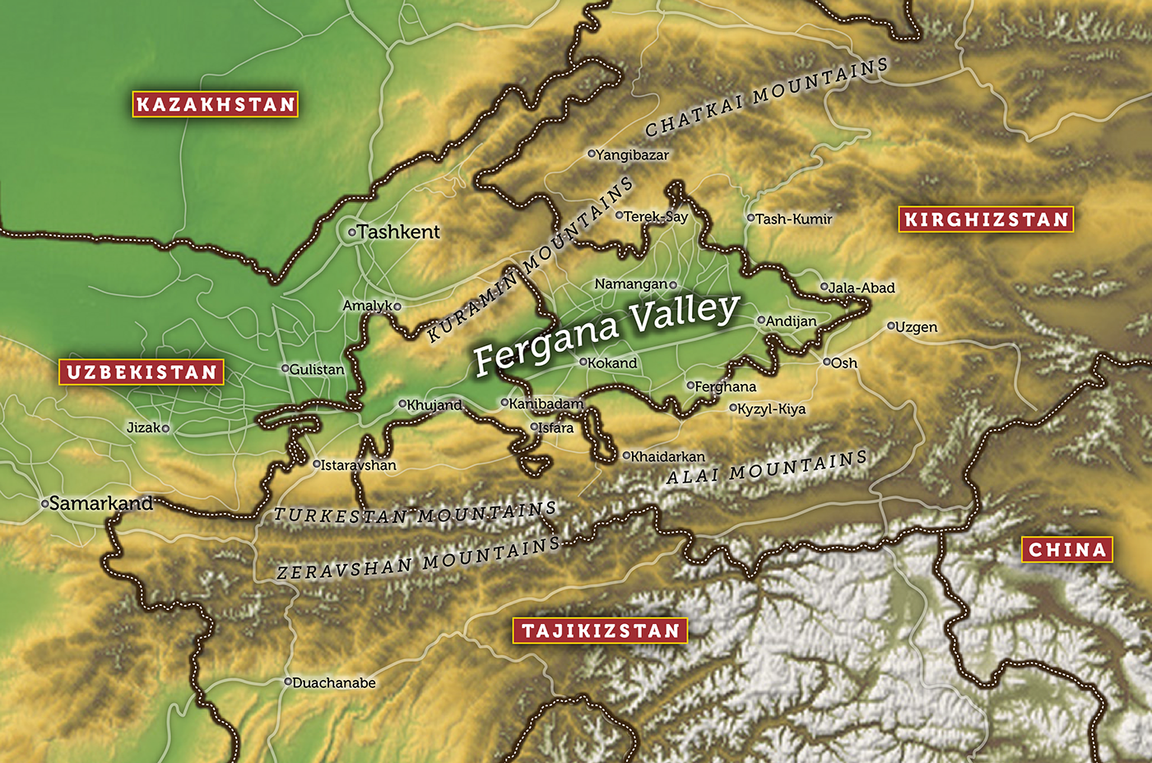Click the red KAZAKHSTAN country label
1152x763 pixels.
216,104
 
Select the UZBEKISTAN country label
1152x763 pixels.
142,372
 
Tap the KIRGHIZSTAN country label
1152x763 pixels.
986,220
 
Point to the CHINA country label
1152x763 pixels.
1067,550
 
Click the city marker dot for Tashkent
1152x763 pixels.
352,233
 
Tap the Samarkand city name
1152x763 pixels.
101,503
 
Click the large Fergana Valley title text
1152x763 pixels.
606,332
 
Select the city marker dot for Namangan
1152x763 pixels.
673,285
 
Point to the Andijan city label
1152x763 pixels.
791,321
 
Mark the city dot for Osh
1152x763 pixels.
827,362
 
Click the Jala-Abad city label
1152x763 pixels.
862,288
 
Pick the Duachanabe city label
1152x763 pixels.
334,682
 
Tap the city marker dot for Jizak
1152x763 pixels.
165,428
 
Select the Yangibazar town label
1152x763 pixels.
632,155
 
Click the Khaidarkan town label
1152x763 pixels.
667,456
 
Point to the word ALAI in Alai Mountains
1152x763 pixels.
694,476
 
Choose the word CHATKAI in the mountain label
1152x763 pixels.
694,116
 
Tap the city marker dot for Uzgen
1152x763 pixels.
890,326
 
